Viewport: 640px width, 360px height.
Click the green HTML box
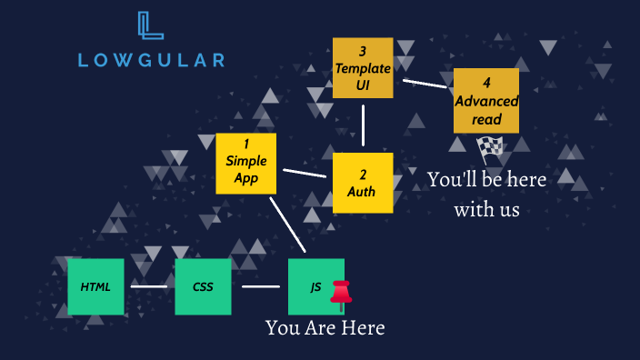click(x=95, y=286)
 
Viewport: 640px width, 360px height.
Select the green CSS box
click(x=204, y=286)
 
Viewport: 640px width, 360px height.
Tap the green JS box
click(x=315, y=286)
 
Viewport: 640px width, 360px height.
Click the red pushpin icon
click(x=342, y=293)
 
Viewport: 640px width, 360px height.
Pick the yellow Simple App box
click(x=245, y=164)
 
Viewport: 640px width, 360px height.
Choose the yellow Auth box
click(x=362, y=182)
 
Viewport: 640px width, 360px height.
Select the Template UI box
click(x=363, y=67)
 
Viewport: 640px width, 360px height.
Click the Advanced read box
click(x=486, y=100)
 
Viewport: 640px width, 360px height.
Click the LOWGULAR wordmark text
click(x=151, y=61)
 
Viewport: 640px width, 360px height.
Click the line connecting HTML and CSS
click(x=149, y=286)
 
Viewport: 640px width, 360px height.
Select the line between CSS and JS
click(x=261, y=286)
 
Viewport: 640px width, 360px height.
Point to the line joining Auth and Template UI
click(x=364, y=125)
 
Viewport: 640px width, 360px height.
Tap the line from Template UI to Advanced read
click(x=425, y=83)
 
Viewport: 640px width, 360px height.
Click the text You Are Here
click(x=325, y=328)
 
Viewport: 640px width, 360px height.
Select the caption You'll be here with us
click(x=487, y=194)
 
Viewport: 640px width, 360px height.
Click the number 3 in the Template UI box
click(x=362, y=51)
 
